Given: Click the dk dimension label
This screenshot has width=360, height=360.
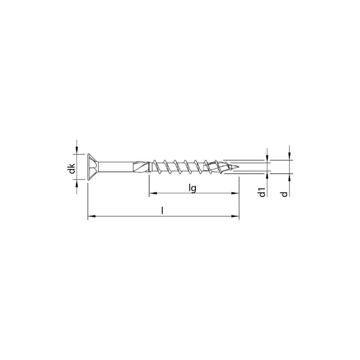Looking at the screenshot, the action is tap(72, 168).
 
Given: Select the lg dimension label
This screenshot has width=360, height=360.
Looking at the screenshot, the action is tap(192, 189).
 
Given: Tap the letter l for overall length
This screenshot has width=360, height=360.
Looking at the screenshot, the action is tap(162, 210).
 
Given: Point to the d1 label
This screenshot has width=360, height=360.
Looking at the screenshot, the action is tap(262, 192).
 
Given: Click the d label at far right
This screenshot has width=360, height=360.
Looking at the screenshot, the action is tap(284, 194).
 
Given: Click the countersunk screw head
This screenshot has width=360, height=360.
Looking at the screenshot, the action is tap(93, 166).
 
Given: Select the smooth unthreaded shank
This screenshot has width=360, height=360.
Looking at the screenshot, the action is tap(116, 166).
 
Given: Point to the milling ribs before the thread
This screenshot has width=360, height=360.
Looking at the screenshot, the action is tap(141, 166).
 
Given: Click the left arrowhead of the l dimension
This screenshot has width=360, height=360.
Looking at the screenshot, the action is tap(92, 216).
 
